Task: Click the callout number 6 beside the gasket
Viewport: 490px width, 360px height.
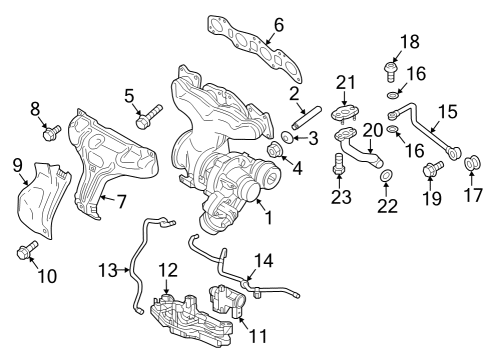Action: point(279,25)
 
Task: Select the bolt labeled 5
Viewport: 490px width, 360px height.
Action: point(149,116)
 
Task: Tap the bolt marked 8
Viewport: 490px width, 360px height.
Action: point(52,133)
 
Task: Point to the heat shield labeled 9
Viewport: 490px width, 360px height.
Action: point(43,200)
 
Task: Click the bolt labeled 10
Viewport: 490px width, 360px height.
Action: point(27,250)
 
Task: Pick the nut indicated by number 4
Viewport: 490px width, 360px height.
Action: point(275,150)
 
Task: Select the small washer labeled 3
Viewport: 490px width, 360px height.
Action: point(286,137)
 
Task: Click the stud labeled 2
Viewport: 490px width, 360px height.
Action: point(306,118)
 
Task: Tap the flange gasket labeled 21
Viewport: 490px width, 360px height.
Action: point(345,112)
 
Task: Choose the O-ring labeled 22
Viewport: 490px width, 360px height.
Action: point(386,175)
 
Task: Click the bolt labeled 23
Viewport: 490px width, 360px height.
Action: point(339,163)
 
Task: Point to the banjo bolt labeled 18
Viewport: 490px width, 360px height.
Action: point(391,71)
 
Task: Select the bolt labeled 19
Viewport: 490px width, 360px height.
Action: point(433,168)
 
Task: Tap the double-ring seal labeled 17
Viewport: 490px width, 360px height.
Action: point(472,163)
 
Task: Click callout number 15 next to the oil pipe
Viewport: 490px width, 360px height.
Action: point(448,112)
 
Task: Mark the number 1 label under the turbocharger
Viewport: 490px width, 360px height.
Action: point(269,217)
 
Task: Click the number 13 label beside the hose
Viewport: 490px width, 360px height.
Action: point(108,270)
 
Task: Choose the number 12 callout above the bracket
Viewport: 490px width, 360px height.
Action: point(168,270)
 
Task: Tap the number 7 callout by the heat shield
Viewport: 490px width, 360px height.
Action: point(121,201)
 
